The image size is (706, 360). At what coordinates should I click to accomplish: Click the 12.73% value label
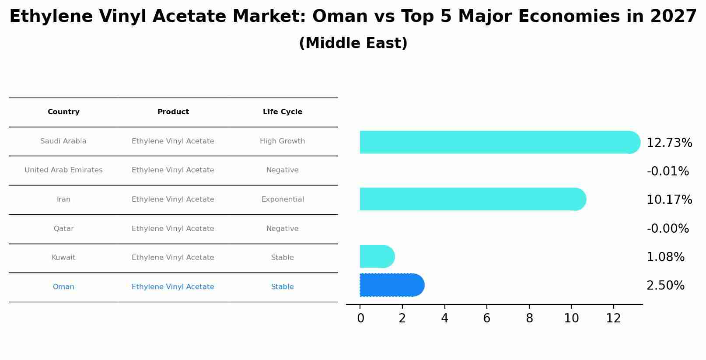[669, 143]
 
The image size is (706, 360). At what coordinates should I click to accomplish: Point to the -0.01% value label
[668, 171]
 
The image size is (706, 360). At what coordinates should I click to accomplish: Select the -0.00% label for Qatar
[668, 229]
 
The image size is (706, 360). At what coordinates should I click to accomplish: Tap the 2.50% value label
[665, 286]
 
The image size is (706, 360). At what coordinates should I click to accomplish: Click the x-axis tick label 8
[529, 318]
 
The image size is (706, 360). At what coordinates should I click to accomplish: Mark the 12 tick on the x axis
[613, 318]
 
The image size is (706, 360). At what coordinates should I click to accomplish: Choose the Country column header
[63, 112]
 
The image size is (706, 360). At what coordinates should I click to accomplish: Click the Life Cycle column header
[282, 112]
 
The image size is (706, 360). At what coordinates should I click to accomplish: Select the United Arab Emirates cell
[63, 170]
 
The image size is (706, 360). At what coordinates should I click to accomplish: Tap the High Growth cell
[282, 141]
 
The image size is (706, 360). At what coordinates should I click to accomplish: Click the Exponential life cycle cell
[282, 199]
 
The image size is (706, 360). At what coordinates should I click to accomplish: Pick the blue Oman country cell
[63, 287]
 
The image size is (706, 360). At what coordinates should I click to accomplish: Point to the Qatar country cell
[63, 229]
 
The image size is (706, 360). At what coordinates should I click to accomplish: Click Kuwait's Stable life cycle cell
[282, 258]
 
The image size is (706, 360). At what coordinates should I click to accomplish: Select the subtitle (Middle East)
[353, 43]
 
